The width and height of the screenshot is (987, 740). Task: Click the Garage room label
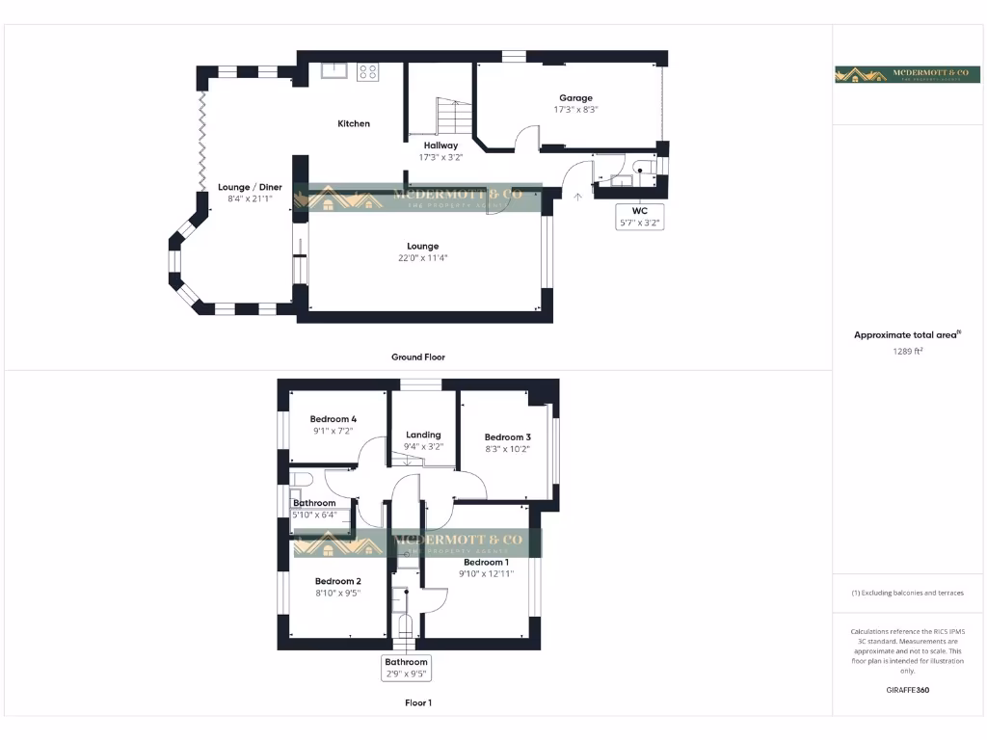click(576, 97)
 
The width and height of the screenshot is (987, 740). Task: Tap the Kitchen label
click(354, 123)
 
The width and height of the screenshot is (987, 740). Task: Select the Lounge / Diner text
click(250, 187)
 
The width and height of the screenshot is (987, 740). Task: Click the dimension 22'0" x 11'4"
click(422, 257)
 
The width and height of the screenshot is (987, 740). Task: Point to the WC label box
click(640, 216)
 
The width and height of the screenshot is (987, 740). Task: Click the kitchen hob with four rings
click(368, 71)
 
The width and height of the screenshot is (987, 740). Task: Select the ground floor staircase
click(450, 118)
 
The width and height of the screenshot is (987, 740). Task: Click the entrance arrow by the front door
click(578, 197)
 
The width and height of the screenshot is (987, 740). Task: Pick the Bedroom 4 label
click(333, 419)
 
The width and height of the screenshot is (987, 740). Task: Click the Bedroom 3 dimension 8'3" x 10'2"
click(508, 449)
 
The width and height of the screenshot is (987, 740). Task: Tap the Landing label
click(423, 435)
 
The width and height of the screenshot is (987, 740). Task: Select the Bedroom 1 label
click(485, 562)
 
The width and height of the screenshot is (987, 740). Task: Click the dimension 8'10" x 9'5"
click(337, 594)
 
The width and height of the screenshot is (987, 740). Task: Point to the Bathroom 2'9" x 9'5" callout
click(406, 668)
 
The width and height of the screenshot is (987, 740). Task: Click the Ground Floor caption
click(418, 357)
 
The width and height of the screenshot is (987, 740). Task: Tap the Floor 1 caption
click(418, 702)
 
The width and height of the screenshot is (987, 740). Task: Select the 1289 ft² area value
click(907, 352)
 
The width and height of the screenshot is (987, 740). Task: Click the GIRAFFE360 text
click(907, 690)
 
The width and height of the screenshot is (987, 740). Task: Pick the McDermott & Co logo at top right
click(907, 75)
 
